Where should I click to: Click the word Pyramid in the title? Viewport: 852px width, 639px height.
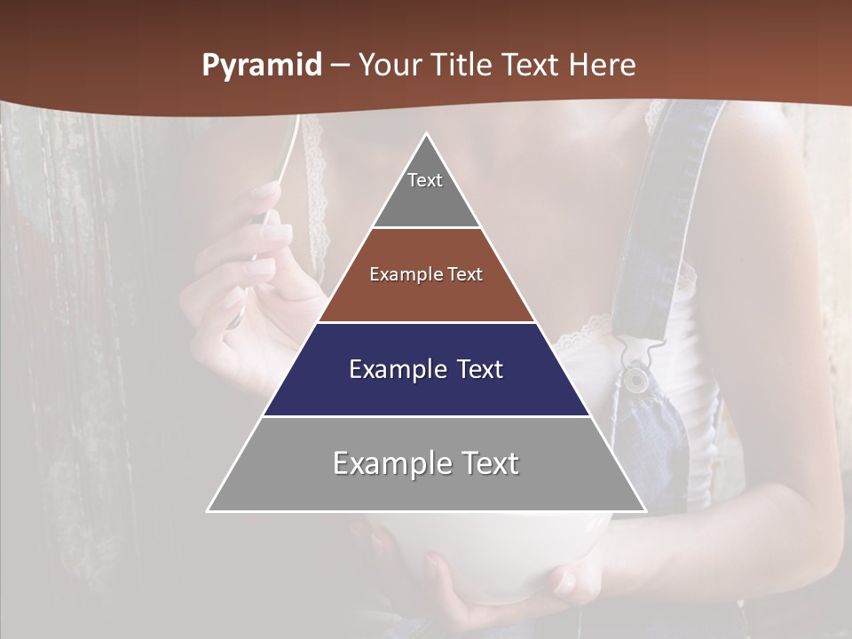(262, 66)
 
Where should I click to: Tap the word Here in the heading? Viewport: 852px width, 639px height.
(603, 66)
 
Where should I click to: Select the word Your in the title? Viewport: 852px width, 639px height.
(392, 66)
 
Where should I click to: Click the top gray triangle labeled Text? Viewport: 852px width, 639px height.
(426, 186)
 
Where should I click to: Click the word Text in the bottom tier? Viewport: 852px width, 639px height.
(487, 463)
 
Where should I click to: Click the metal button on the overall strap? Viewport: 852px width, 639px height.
(635, 380)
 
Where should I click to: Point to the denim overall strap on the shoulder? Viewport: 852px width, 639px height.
(674, 204)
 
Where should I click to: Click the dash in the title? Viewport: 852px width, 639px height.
(340, 66)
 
